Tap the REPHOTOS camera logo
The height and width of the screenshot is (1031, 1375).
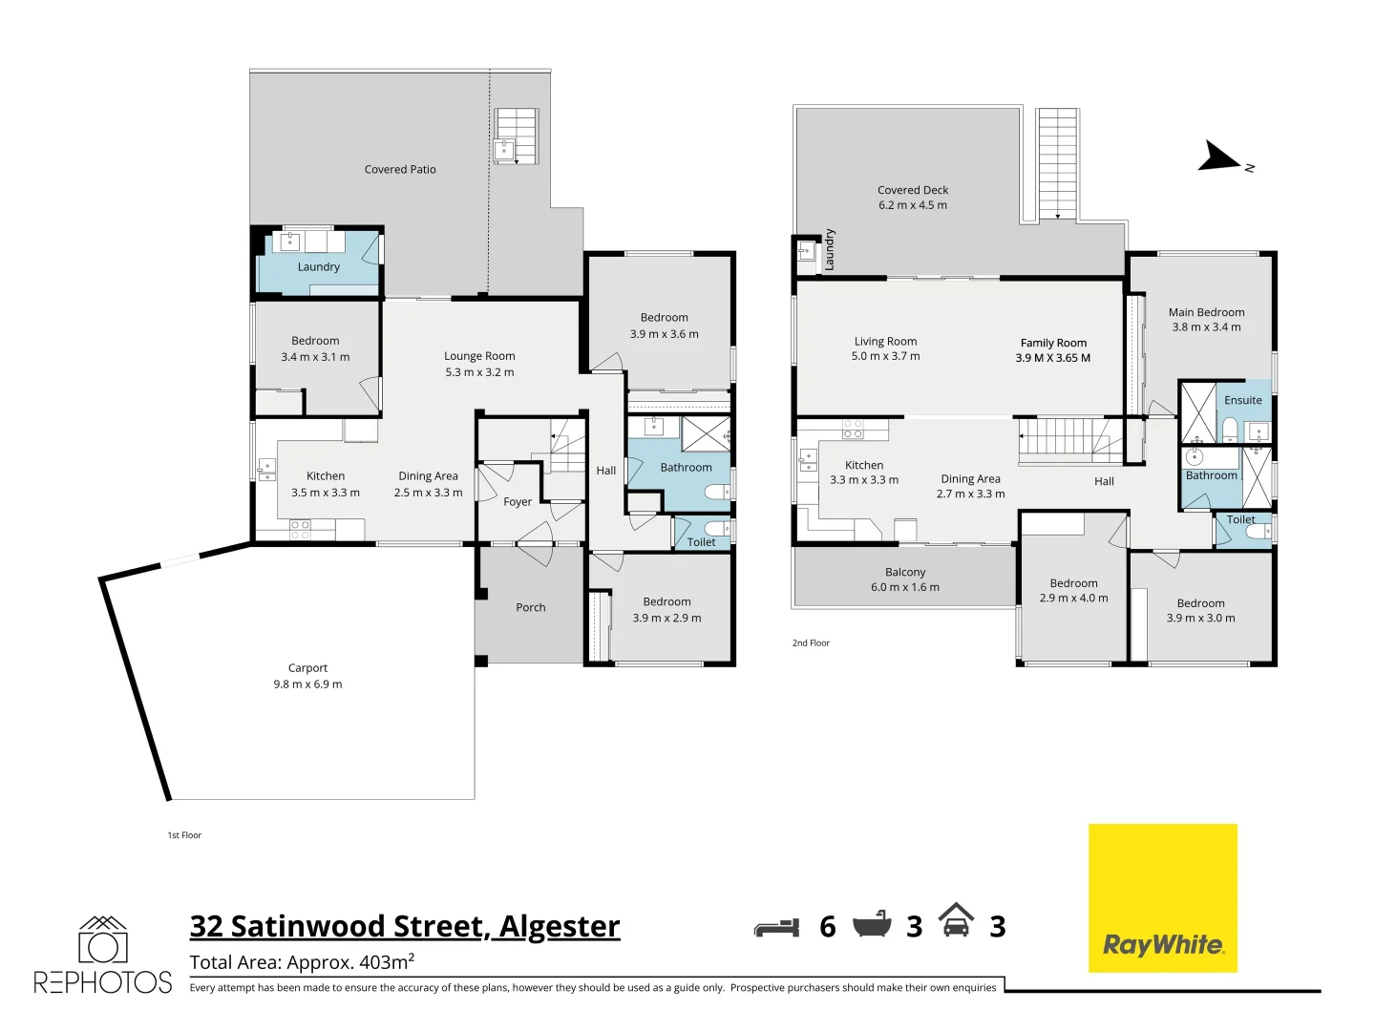[x=102, y=955]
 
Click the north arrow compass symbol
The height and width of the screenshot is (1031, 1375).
[x=1222, y=158]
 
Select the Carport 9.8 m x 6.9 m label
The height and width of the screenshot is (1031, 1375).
[x=307, y=676]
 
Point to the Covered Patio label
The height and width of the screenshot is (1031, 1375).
[x=400, y=170]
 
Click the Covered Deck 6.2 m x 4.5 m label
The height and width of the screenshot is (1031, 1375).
[x=913, y=198]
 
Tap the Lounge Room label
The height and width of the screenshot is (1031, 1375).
[x=479, y=364]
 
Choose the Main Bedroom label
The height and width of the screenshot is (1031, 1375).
[x=1206, y=320]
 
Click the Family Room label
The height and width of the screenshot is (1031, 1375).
[x=1052, y=350]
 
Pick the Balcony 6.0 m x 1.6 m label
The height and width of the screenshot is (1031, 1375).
[x=904, y=579]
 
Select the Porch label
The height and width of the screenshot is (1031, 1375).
[x=531, y=607]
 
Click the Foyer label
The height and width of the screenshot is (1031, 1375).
[x=518, y=502]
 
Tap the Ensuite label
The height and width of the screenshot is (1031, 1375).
[x=1242, y=401]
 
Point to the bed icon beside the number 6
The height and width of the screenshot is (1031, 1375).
[x=776, y=927]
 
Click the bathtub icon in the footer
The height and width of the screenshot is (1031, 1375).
[x=871, y=925]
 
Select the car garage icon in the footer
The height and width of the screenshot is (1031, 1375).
[x=956, y=920]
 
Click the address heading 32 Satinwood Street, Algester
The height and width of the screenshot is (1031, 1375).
[x=405, y=926]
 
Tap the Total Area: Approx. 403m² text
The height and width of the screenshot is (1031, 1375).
[x=302, y=962]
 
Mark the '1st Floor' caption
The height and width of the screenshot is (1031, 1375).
[x=184, y=835]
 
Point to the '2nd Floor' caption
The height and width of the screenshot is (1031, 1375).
[x=811, y=643]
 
